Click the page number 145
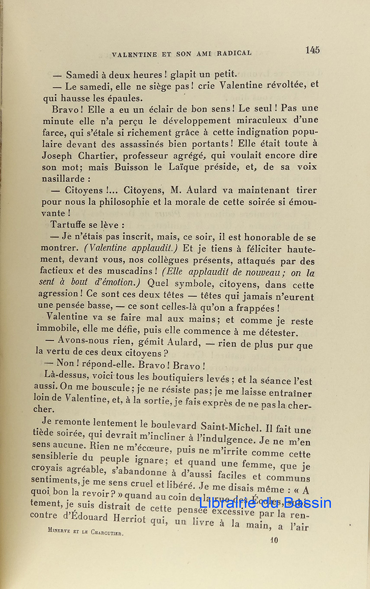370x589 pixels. pos(312,50)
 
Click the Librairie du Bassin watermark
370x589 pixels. pos(265,503)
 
